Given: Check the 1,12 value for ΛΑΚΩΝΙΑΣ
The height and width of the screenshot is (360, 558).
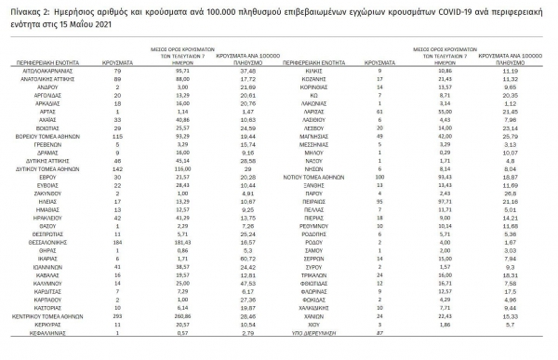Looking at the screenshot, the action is coord(517,101).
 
